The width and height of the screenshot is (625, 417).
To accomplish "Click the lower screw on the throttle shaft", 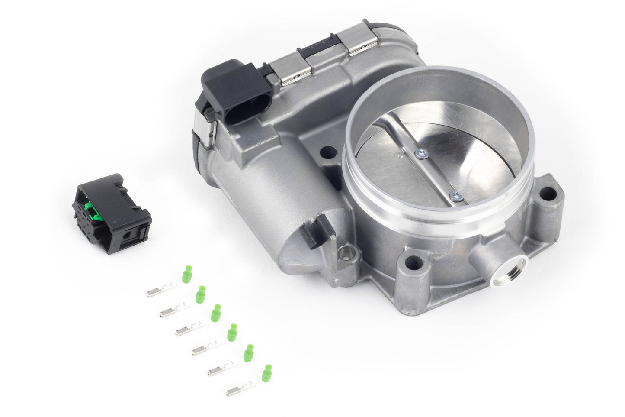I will click(x=455, y=196).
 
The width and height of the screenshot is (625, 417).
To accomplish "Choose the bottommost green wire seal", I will click(x=266, y=372).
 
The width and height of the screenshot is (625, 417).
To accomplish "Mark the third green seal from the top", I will click(x=216, y=313).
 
